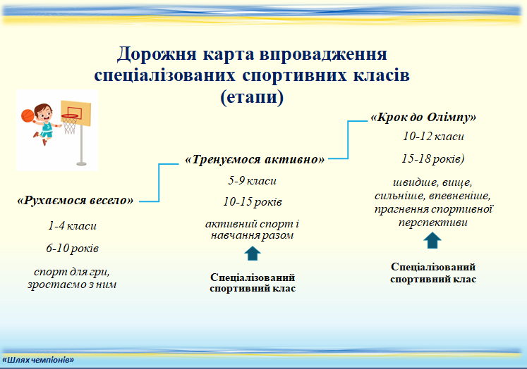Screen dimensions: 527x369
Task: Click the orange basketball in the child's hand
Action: coord(28,115)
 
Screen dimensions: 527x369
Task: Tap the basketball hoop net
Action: coord(70,125)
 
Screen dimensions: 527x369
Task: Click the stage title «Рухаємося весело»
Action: coord(75,200)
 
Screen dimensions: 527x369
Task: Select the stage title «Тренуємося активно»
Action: coord(255,159)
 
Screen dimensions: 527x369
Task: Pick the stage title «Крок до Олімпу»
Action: coord(423,117)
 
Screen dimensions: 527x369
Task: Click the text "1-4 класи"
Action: coord(72,225)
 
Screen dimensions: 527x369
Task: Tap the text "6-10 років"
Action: coord(72,249)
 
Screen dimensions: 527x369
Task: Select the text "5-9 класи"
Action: coord(252,180)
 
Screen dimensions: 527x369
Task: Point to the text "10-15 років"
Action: coord(253,201)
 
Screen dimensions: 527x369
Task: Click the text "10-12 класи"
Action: coord(433,136)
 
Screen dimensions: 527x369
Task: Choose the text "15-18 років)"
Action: coord(433,158)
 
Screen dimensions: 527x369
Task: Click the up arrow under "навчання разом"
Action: coord(253,254)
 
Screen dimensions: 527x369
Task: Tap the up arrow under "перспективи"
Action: coord(432,241)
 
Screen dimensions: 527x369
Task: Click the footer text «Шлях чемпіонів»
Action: coord(38,360)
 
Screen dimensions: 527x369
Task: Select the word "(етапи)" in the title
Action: coord(252,97)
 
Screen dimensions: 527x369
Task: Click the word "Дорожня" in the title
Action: coord(157,54)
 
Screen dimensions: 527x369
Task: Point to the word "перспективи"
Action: coord(433,223)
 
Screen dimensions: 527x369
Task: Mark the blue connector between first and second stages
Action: coord(159,183)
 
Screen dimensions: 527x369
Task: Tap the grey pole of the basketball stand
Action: coord(81,144)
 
